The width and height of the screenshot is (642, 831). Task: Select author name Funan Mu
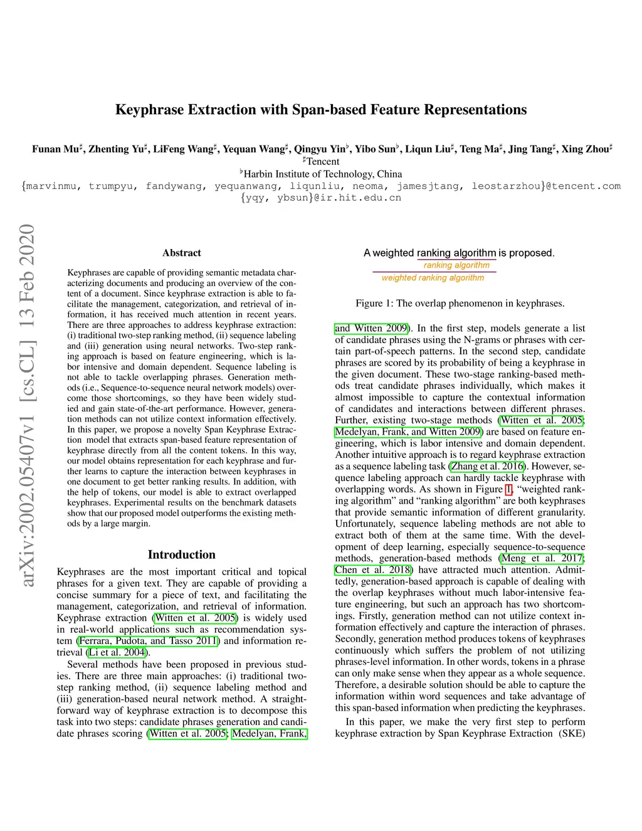[x=55, y=149]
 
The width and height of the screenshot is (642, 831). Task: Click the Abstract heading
[x=182, y=253]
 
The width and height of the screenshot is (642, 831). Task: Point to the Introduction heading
[x=182, y=554]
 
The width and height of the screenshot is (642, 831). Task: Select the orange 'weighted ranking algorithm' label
[x=433, y=278]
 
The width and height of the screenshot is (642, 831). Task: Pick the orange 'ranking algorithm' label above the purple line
[x=456, y=265]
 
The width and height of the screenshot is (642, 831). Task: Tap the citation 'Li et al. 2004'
[x=117, y=652]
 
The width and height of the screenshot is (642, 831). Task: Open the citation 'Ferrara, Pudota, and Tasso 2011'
[x=148, y=641]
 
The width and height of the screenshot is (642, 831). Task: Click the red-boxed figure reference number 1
[x=508, y=489]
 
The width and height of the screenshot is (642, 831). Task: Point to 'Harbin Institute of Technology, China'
[x=322, y=174]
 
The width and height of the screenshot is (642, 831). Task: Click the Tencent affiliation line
[x=322, y=161]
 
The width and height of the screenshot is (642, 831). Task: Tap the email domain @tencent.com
[x=582, y=186]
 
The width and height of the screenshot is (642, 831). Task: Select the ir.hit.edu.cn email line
[x=321, y=198]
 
